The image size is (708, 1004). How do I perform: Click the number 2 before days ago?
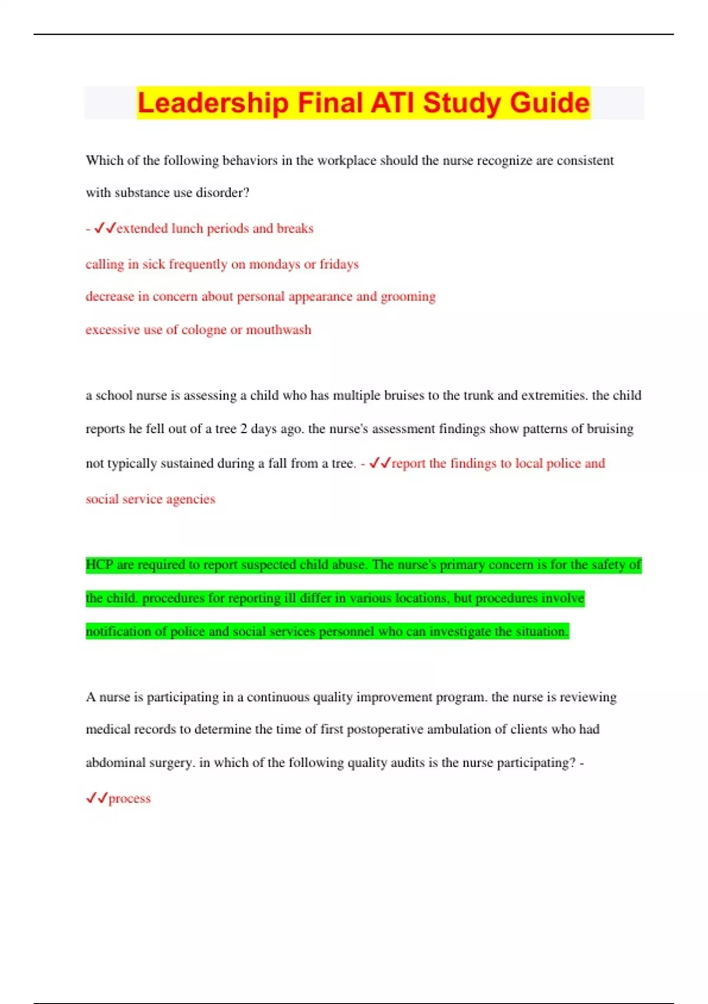pyautogui.click(x=243, y=429)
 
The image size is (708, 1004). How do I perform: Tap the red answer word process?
pyautogui.click(x=130, y=798)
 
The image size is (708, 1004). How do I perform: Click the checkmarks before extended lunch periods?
pyautogui.click(x=105, y=228)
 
